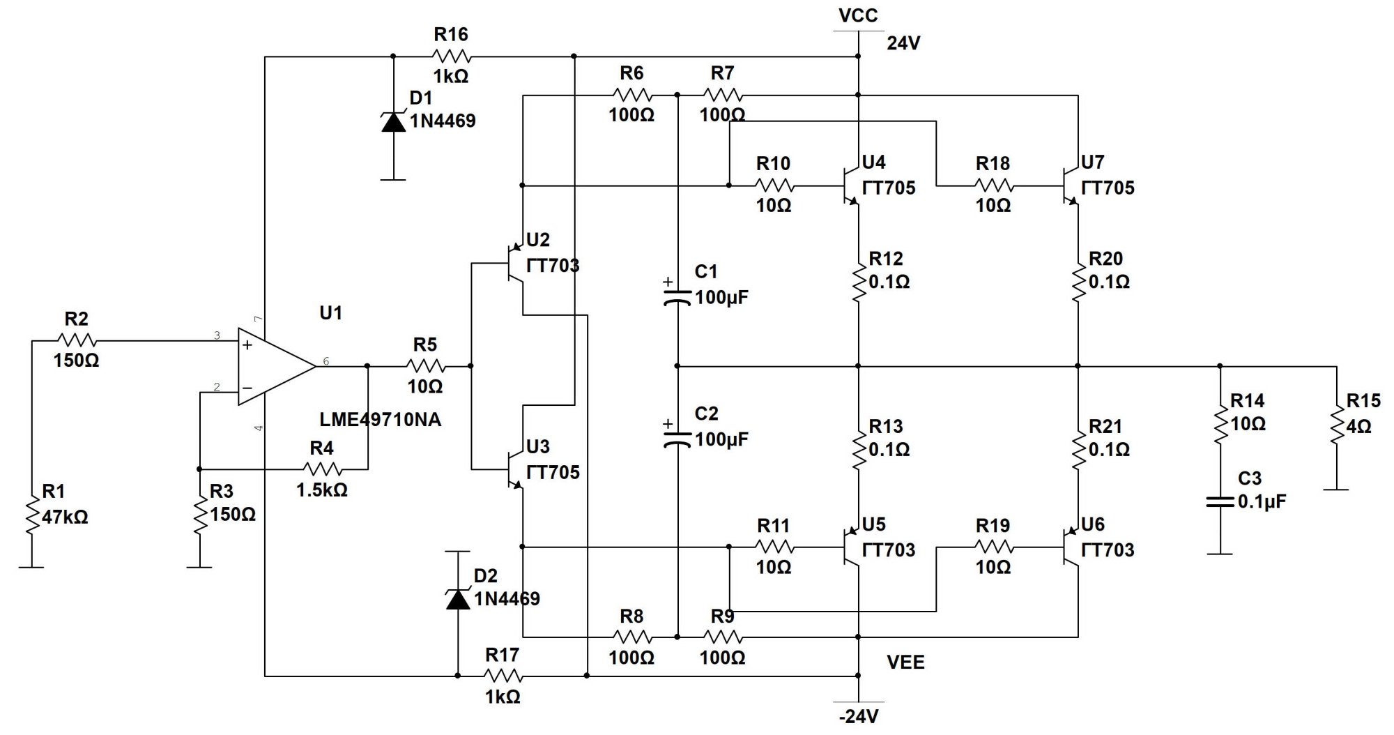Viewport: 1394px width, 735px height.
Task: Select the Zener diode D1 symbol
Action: [x=393, y=121]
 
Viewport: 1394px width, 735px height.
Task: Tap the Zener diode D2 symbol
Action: [x=458, y=598]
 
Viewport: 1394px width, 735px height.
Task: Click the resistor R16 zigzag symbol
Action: [x=452, y=56]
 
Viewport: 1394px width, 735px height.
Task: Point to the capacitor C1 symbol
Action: [x=677, y=296]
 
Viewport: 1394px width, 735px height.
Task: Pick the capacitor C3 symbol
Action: [x=1220, y=501]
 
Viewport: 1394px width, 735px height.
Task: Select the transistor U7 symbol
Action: [x=1070, y=186]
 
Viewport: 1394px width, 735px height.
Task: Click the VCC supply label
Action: [x=858, y=15]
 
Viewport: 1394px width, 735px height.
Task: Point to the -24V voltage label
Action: [x=858, y=716]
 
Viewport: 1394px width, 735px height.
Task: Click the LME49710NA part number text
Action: [x=380, y=420]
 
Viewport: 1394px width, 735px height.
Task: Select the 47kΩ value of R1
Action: [x=65, y=517]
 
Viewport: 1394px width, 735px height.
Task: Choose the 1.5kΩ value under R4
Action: [x=321, y=490]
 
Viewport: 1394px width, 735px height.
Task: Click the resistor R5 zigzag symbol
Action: [x=425, y=365]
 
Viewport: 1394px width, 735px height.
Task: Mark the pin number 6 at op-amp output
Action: [x=326, y=361]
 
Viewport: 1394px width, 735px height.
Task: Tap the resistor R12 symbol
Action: [x=859, y=282]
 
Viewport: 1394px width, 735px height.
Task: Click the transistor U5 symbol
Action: [x=851, y=548]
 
